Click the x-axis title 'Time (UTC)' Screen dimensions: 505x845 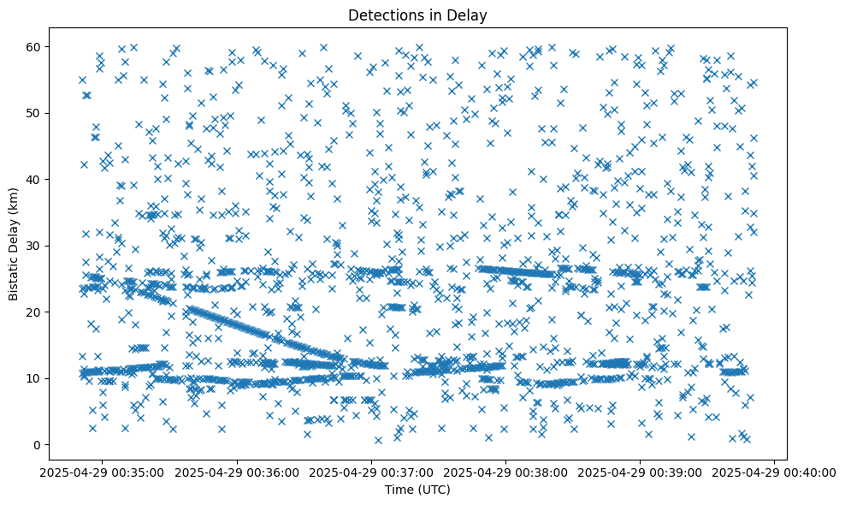click(x=418, y=490)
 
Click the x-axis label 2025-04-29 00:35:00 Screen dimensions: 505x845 click(x=103, y=472)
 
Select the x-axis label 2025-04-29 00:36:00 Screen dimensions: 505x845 click(x=237, y=472)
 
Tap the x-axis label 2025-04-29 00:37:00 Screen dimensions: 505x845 click(x=371, y=472)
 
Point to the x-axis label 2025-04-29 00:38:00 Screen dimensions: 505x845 click(x=505, y=472)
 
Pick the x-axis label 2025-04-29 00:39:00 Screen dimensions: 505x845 click(x=640, y=472)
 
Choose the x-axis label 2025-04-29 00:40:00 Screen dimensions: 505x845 click(x=774, y=472)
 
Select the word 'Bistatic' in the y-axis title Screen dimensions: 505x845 click(x=14, y=275)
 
